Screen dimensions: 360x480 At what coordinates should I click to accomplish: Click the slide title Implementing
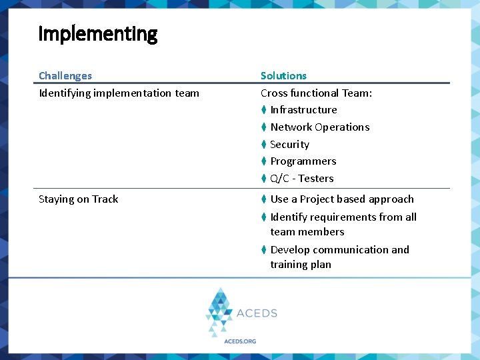click(98, 34)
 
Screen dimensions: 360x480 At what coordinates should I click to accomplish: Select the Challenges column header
click(65, 76)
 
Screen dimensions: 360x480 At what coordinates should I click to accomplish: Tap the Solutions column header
click(283, 76)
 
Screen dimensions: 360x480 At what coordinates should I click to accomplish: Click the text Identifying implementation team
click(119, 93)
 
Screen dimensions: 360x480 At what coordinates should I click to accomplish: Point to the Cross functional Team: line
click(316, 93)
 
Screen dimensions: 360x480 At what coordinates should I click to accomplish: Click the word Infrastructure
click(303, 110)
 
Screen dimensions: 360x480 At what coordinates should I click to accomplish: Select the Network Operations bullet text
click(319, 127)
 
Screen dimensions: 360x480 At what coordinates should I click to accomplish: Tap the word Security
click(289, 145)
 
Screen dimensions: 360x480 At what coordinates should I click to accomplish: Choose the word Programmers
click(303, 161)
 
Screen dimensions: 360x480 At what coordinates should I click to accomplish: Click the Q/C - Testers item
click(301, 179)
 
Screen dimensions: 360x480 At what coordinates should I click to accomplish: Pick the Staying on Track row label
click(78, 199)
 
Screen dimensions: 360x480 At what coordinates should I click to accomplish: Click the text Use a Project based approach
click(341, 199)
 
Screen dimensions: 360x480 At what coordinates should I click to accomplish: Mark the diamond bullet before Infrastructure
click(264, 110)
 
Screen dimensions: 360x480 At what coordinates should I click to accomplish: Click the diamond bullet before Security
click(264, 145)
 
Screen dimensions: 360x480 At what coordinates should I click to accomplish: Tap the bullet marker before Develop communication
click(264, 250)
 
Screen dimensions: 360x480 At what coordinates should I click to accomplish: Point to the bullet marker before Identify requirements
click(264, 217)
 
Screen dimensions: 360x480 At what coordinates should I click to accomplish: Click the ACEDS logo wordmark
click(257, 313)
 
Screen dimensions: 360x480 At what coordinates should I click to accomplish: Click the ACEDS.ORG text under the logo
click(239, 341)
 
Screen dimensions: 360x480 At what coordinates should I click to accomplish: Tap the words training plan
click(300, 265)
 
